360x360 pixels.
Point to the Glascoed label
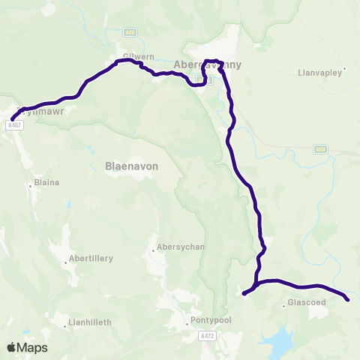[x=304, y=305]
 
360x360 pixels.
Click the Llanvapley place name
[x=319, y=72]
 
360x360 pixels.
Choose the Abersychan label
[x=177, y=247]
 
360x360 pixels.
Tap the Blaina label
[x=46, y=182]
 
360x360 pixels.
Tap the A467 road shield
[x=15, y=125]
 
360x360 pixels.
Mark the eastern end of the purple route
[x=347, y=300]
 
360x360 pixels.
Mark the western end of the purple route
[x=12, y=118]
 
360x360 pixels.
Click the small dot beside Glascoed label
[x=283, y=305]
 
